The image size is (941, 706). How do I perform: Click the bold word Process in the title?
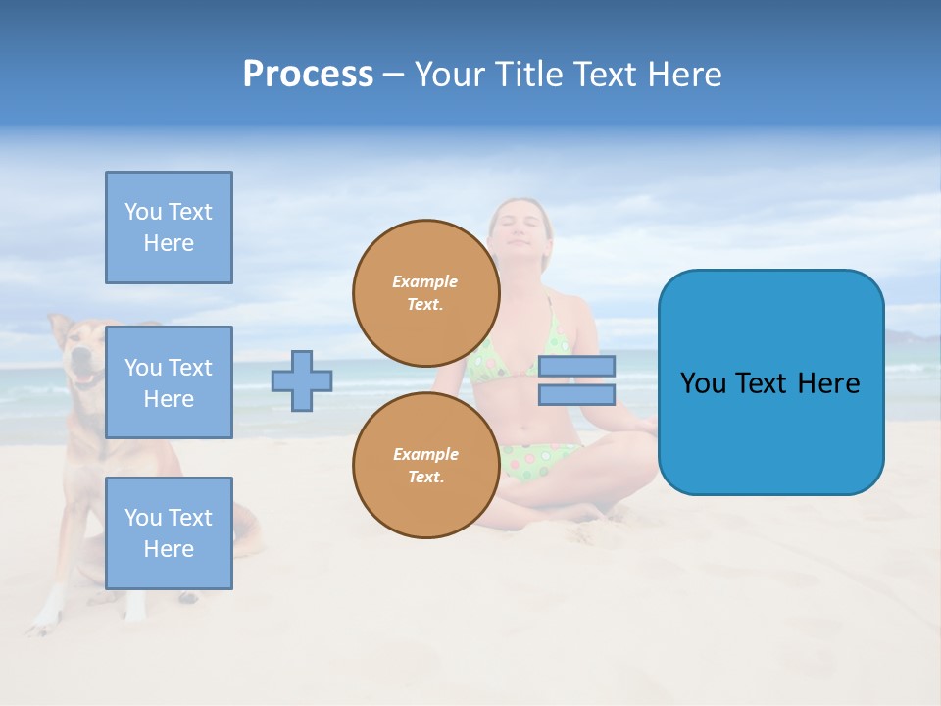pos(308,75)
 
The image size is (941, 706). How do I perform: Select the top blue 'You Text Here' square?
pos(169,227)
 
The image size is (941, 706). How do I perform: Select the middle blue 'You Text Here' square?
pos(169,382)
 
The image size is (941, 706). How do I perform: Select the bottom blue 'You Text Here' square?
pos(169,533)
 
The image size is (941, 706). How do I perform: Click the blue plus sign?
pos(302,380)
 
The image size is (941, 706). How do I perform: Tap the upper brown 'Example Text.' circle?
pos(426,293)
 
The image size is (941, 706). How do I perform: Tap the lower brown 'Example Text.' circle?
pos(426,466)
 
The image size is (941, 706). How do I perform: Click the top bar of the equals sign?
pos(576,366)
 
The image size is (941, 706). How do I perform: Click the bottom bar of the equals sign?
pos(576,394)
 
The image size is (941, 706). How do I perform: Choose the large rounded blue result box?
pos(770,382)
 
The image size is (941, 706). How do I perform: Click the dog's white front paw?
pos(44,618)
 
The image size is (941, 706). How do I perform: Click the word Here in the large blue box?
pos(828,383)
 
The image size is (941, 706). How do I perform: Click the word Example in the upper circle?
pos(425,281)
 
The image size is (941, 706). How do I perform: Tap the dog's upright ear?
pos(61,328)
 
